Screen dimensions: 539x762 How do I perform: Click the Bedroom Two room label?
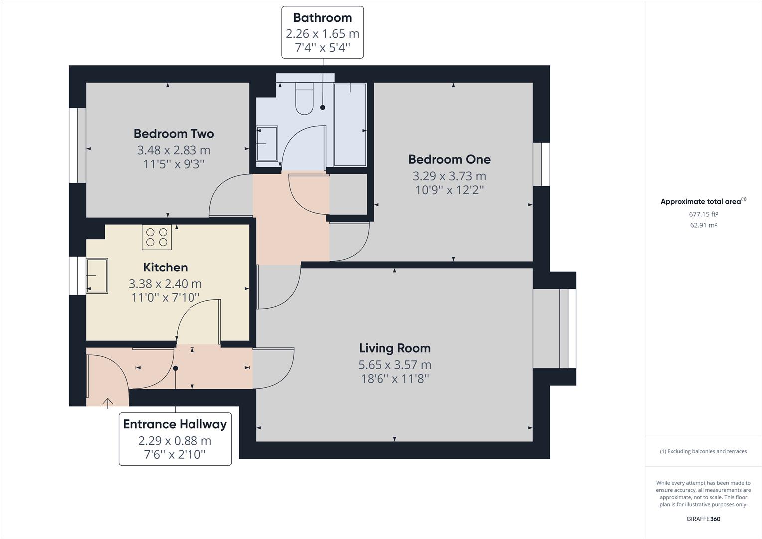click(x=174, y=134)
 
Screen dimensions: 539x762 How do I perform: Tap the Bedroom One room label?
click(x=449, y=159)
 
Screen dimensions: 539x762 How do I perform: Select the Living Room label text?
click(x=394, y=348)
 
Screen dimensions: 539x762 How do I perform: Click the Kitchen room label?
click(x=165, y=268)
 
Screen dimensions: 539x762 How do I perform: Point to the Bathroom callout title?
click(x=322, y=18)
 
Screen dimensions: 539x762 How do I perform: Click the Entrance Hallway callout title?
click(x=175, y=424)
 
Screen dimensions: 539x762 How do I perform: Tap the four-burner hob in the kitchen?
click(x=157, y=237)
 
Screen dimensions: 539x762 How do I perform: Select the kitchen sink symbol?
click(x=97, y=275)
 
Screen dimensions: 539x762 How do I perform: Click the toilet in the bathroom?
click(x=304, y=99)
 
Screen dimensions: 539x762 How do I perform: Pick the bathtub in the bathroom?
click(x=350, y=125)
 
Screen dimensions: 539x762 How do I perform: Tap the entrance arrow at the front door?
click(x=108, y=402)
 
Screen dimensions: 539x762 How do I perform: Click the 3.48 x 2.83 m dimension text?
click(x=174, y=150)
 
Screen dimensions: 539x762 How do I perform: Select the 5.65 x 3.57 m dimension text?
click(x=394, y=365)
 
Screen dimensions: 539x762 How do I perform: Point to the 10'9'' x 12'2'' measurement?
click(x=449, y=190)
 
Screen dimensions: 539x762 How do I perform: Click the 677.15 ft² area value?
click(x=703, y=214)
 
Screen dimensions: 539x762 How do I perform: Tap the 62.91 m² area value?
click(x=703, y=225)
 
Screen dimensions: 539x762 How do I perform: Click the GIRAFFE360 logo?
click(x=703, y=519)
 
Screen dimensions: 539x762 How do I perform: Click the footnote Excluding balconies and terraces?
click(x=703, y=451)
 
